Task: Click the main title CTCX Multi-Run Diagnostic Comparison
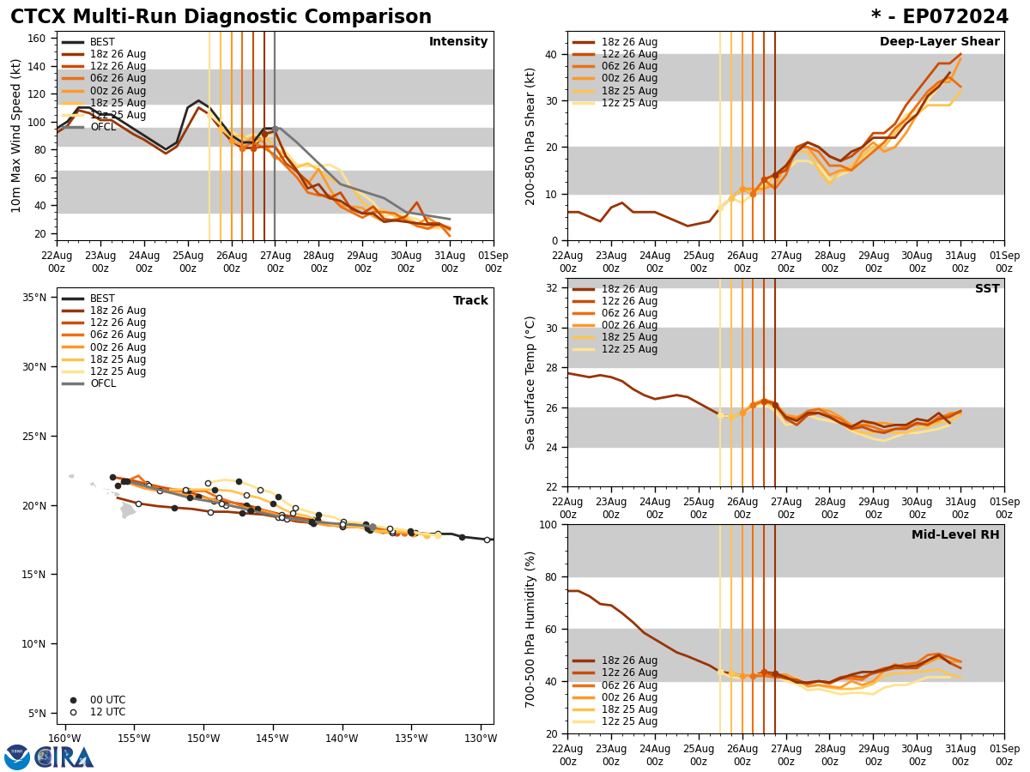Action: [221, 17]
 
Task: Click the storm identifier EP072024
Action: [940, 17]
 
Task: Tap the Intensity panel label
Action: [458, 42]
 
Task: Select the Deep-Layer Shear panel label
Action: [939, 42]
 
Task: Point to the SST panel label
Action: [987, 289]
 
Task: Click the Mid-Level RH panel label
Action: [955, 535]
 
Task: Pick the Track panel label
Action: [470, 301]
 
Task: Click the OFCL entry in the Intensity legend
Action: [103, 127]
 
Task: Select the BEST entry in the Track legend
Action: [102, 299]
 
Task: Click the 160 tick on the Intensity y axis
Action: [37, 39]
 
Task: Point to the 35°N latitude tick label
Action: [34, 298]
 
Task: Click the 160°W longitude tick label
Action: [64, 739]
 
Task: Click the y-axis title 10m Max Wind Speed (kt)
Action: [16, 136]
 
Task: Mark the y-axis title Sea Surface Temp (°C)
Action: [531, 383]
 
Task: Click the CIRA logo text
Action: [64, 757]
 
